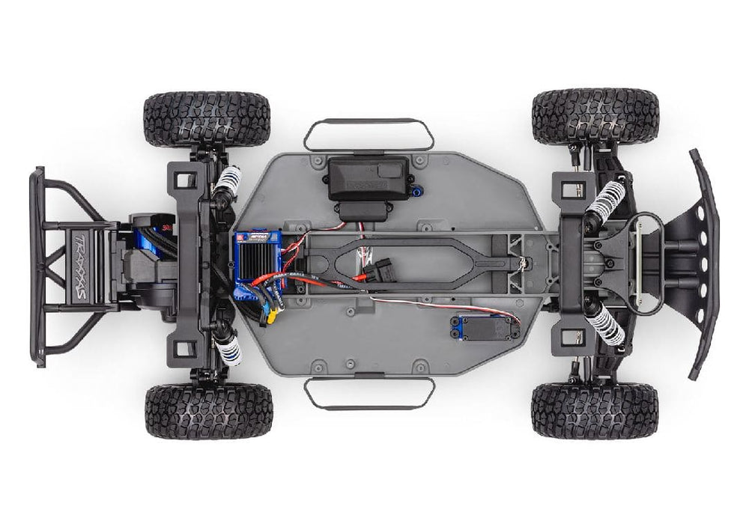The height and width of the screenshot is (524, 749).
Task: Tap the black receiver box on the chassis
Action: pos(369,180)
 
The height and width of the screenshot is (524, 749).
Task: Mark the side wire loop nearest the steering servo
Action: pos(369,393)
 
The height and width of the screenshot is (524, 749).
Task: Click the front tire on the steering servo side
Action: pos(595,411)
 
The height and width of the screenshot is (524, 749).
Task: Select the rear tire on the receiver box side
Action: pos(207,119)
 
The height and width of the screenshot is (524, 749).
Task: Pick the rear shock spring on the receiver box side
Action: pos(227,182)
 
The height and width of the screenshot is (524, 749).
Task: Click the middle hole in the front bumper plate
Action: pos(700,262)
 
